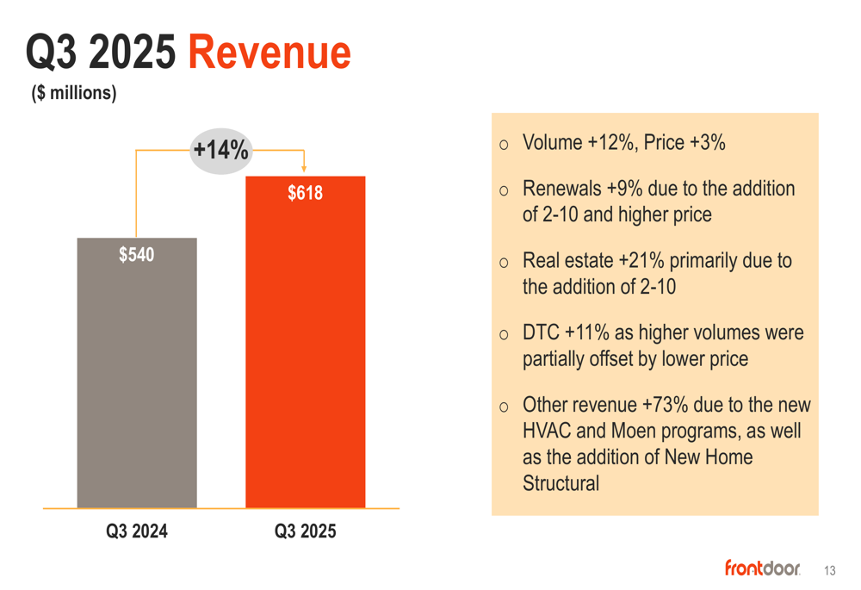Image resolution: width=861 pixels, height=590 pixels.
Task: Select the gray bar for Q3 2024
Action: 137,379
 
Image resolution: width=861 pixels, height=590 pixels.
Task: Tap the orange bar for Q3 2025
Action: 305,362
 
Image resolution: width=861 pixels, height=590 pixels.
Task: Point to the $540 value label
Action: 137,255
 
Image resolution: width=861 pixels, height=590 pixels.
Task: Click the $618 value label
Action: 305,193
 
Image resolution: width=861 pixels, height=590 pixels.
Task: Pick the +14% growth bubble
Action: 220,150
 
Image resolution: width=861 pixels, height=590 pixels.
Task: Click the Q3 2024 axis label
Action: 137,531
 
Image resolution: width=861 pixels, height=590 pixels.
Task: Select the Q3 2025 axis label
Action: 305,531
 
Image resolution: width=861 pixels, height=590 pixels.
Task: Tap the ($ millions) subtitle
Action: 74,93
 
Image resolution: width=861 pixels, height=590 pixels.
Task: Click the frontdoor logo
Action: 762,568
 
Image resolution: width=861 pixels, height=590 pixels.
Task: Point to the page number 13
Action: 829,570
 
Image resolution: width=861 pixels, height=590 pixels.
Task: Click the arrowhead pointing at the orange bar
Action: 304,168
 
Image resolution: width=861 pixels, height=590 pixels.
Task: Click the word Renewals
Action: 561,189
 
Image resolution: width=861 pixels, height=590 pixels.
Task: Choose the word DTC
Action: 541,332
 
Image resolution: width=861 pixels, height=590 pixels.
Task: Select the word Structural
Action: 561,483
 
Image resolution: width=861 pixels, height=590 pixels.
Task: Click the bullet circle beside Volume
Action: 504,145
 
